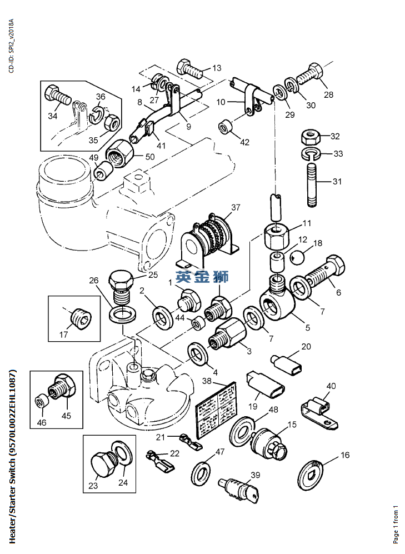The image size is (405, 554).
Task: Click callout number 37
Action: pyautogui.click(x=236, y=208)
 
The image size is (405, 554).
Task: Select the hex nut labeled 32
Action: pyautogui.click(x=309, y=136)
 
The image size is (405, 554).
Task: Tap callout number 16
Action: pyautogui.click(x=345, y=455)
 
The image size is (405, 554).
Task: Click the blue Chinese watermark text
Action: pyautogui.click(x=202, y=276)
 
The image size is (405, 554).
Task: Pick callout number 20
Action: pyautogui.click(x=306, y=347)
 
